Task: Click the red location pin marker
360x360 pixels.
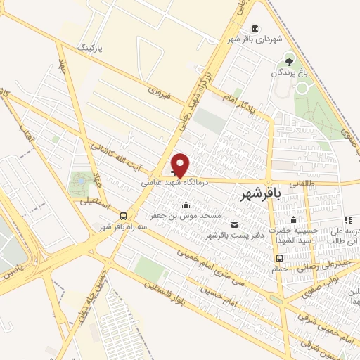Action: (181, 164)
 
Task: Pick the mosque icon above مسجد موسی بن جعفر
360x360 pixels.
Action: (186, 205)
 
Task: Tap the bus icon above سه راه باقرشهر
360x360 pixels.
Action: (124, 216)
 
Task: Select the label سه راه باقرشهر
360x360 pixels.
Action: (116, 227)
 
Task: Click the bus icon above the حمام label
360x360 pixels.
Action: (280, 257)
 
